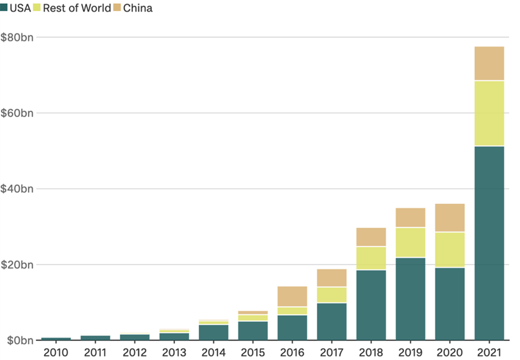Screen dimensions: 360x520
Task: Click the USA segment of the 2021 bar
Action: click(x=489, y=243)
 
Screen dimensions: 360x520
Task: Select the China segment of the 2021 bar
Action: click(x=489, y=63)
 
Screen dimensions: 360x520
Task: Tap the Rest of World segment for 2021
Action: click(x=489, y=113)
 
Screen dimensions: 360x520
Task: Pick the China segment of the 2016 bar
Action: click(x=292, y=296)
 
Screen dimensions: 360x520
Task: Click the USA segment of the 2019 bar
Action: click(x=410, y=298)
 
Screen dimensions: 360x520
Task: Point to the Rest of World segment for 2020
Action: click(x=449, y=249)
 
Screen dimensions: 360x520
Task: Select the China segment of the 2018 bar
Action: click(x=371, y=237)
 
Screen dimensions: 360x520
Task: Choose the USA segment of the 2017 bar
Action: click(x=331, y=321)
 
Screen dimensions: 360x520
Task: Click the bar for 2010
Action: click(x=56, y=339)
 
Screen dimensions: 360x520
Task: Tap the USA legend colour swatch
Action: click(x=4, y=8)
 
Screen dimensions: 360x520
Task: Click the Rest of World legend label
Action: click(x=77, y=8)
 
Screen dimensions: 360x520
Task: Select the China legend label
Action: click(x=137, y=8)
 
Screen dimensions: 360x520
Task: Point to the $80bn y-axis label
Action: click(x=17, y=37)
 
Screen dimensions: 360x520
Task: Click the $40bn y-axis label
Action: click(x=17, y=189)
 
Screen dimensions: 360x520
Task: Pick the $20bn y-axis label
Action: click(x=17, y=264)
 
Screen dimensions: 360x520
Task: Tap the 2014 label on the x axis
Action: click(x=213, y=352)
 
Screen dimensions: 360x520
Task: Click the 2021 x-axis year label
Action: click(x=489, y=352)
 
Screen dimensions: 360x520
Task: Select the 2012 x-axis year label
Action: click(x=135, y=352)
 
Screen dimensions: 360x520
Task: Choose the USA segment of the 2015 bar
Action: click(x=252, y=330)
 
